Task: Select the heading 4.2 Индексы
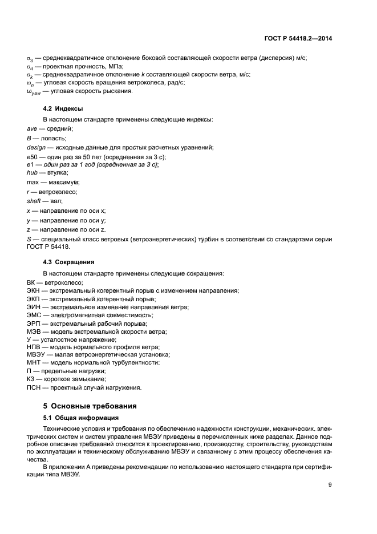coord(63,108)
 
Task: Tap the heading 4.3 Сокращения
coord(69,262)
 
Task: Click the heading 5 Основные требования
coord(90,406)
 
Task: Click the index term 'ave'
coord(33,129)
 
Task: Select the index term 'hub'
coord(33,172)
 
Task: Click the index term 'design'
coord(36,147)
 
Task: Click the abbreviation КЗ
coord(31,379)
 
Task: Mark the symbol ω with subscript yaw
coord(34,91)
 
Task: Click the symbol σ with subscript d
coord(30,67)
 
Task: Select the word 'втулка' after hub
coord(58,172)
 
